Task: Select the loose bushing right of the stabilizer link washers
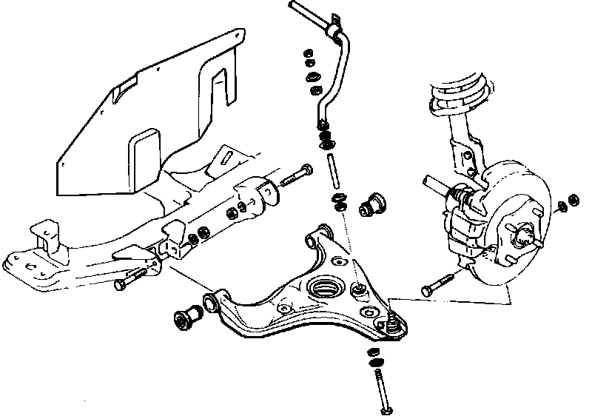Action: (375, 204)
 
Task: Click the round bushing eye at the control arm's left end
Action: (212, 301)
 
